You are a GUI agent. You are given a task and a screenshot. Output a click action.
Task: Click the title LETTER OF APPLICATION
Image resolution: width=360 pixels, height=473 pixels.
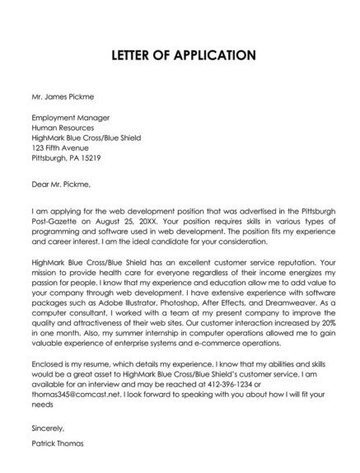[x=180, y=56]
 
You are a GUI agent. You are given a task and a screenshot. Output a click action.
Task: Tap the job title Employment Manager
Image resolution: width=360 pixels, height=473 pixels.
[x=69, y=118]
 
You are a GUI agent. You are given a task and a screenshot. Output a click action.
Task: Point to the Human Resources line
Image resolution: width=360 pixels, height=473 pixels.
[x=63, y=129]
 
